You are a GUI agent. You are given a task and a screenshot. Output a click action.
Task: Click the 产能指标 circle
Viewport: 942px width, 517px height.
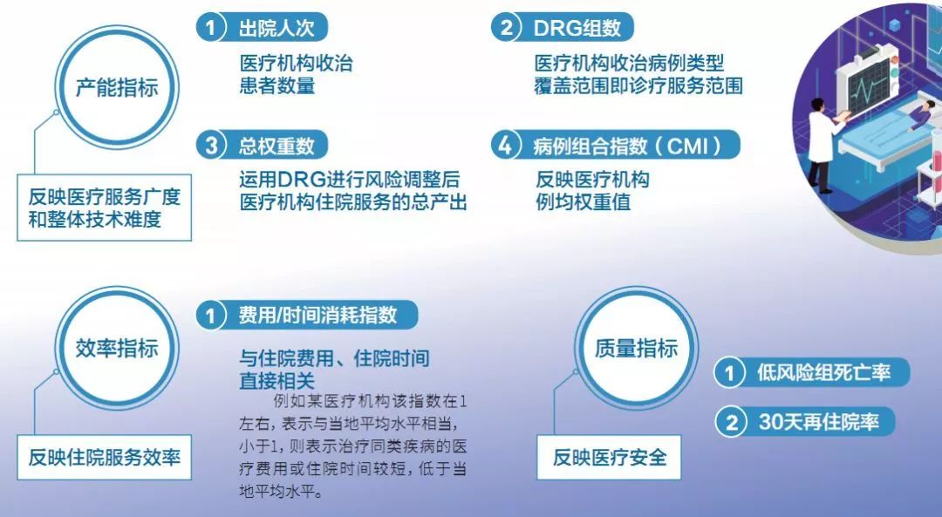coord(115,88)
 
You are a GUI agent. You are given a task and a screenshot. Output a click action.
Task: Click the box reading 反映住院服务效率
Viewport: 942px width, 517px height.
coord(104,457)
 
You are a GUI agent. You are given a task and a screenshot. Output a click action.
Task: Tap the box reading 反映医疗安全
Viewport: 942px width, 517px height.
coord(610,457)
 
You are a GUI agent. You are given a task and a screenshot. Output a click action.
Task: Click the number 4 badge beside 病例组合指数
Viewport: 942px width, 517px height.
coord(504,145)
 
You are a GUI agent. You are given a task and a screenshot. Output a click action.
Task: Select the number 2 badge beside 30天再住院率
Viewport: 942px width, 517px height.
coord(730,423)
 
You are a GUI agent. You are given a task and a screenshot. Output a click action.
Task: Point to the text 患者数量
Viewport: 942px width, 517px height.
coord(276,85)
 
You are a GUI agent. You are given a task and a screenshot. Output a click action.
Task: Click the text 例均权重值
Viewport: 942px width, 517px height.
coord(584,202)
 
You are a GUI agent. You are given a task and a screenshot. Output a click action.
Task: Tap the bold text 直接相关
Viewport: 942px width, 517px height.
coord(276,380)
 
